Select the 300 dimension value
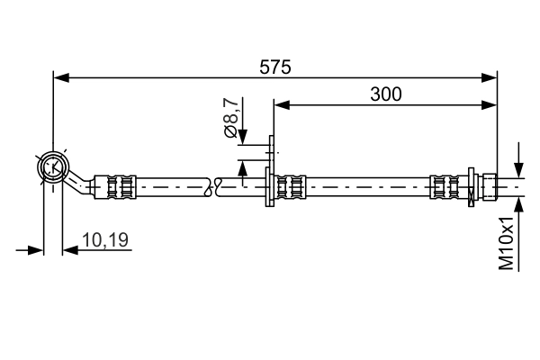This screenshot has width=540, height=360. click(384, 93)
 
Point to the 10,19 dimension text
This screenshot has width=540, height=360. click(105, 239)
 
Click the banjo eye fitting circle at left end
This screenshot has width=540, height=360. click(52, 166)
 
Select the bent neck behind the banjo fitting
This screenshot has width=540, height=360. click(82, 184)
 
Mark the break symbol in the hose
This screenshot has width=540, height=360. click(214, 186)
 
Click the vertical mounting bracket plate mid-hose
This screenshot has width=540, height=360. click(269, 184)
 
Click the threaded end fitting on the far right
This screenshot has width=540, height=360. click(490, 186)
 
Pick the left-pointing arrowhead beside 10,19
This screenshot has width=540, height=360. click(70, 249)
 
